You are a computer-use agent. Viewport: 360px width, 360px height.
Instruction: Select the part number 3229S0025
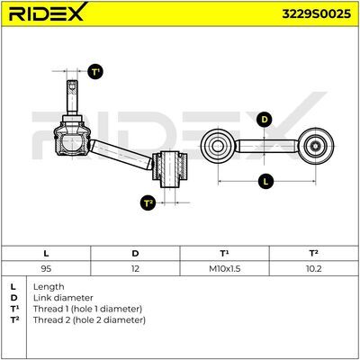point(316,13)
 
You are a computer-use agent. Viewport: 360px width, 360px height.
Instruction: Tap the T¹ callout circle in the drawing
point(95,72)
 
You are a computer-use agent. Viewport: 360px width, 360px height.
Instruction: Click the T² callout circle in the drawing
point(148,203)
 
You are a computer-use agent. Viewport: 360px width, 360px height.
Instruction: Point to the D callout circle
point(265,120)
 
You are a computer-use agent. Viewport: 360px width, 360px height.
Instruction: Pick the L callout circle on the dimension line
point(265,181)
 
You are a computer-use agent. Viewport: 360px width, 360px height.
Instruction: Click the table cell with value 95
point(46,268)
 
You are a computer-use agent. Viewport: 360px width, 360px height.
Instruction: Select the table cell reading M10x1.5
point(224,268)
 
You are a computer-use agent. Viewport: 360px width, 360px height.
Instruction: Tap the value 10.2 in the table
point(314,268)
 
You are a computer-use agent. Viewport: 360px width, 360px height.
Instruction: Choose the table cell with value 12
point(135,268)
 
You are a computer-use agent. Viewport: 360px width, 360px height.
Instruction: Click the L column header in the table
point(46,254)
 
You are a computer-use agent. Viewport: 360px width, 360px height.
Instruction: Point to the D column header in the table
point(135,254)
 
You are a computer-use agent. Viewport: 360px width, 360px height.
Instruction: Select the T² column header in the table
point(314,254)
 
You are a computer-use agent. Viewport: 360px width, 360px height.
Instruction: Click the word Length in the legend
point(49,287)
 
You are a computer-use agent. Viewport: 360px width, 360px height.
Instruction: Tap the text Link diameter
point(63,298)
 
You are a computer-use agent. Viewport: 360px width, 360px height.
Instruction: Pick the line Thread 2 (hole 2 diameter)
point(89,320)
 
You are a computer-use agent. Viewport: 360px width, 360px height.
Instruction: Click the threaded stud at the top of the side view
point(72,97)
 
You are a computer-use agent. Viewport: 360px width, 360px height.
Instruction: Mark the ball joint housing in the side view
point(72,139)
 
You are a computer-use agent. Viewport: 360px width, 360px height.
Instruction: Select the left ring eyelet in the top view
point(218,147)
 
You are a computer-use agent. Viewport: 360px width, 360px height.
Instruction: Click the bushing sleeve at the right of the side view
point(170,169)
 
